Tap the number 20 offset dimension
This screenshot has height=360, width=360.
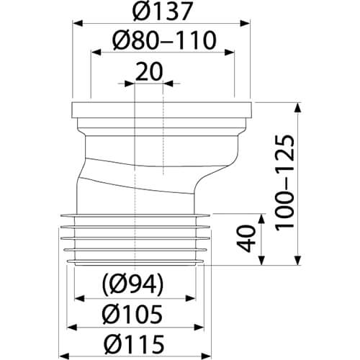pos(149,71)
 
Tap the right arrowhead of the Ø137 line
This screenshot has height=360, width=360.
pos(252,23)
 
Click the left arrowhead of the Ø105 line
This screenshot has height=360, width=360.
pos(71,326)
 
